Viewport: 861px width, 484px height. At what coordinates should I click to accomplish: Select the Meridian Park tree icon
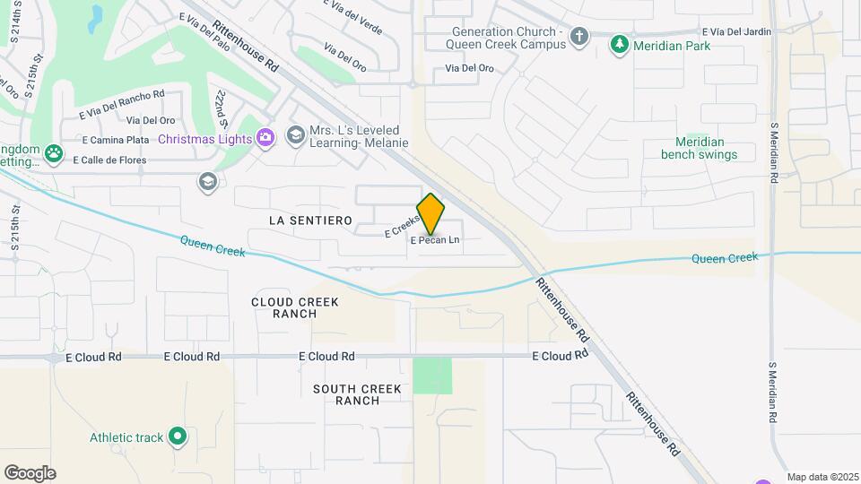coord(619,45)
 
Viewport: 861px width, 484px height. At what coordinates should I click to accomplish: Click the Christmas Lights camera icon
coord(265,137)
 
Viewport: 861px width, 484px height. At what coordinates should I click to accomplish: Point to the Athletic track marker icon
coord(178,437)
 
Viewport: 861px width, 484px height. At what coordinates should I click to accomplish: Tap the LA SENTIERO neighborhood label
coord(309,220)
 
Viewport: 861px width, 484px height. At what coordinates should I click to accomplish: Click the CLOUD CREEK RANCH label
coord(295,307)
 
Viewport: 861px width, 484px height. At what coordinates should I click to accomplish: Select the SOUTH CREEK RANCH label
coord(358,394)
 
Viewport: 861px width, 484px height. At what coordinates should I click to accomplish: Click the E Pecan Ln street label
coord(435,240)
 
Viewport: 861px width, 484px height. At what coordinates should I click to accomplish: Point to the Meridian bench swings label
coord(699,148)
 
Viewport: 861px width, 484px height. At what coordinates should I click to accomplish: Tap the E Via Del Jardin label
coord(736,32)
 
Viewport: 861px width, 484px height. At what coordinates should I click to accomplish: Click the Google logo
coord(30,473)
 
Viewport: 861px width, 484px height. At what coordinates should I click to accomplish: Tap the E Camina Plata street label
coord(116,140)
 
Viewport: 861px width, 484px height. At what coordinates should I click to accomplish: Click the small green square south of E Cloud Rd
coord(432,376)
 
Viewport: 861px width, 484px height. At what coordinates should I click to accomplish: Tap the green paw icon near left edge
coord(55,153)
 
